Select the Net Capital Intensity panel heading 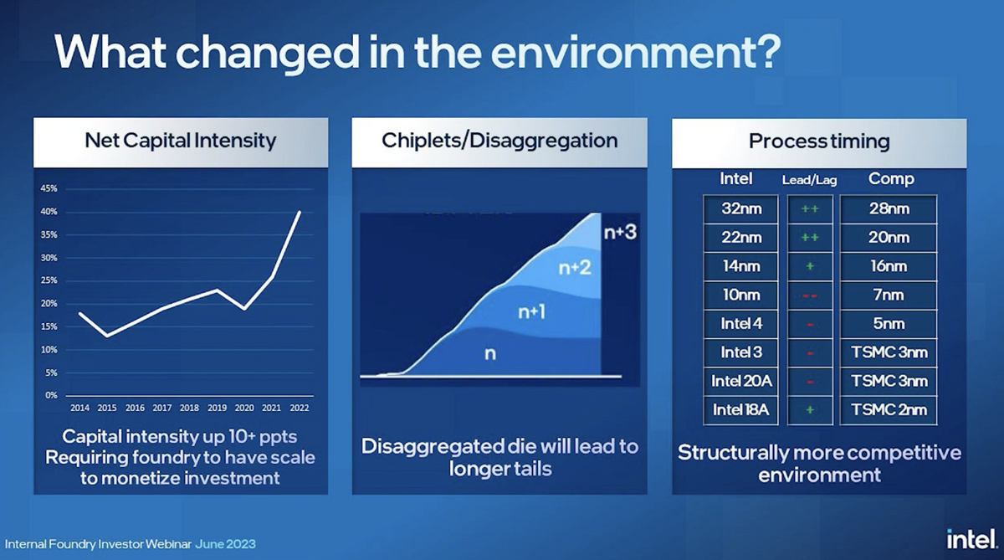click(180, 140)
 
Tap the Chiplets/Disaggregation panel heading click(499, 140)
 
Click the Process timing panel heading click(819, 141)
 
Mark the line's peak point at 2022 click(300, 212)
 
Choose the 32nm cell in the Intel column click(741, 208)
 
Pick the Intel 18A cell click(741, 409)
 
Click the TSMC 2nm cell click(889, 409)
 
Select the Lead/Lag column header click(809, 179)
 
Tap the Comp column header click(890, 178)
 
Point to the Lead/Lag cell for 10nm click(809, 295)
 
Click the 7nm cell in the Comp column click(889, 295)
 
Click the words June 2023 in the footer click(226, 544)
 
